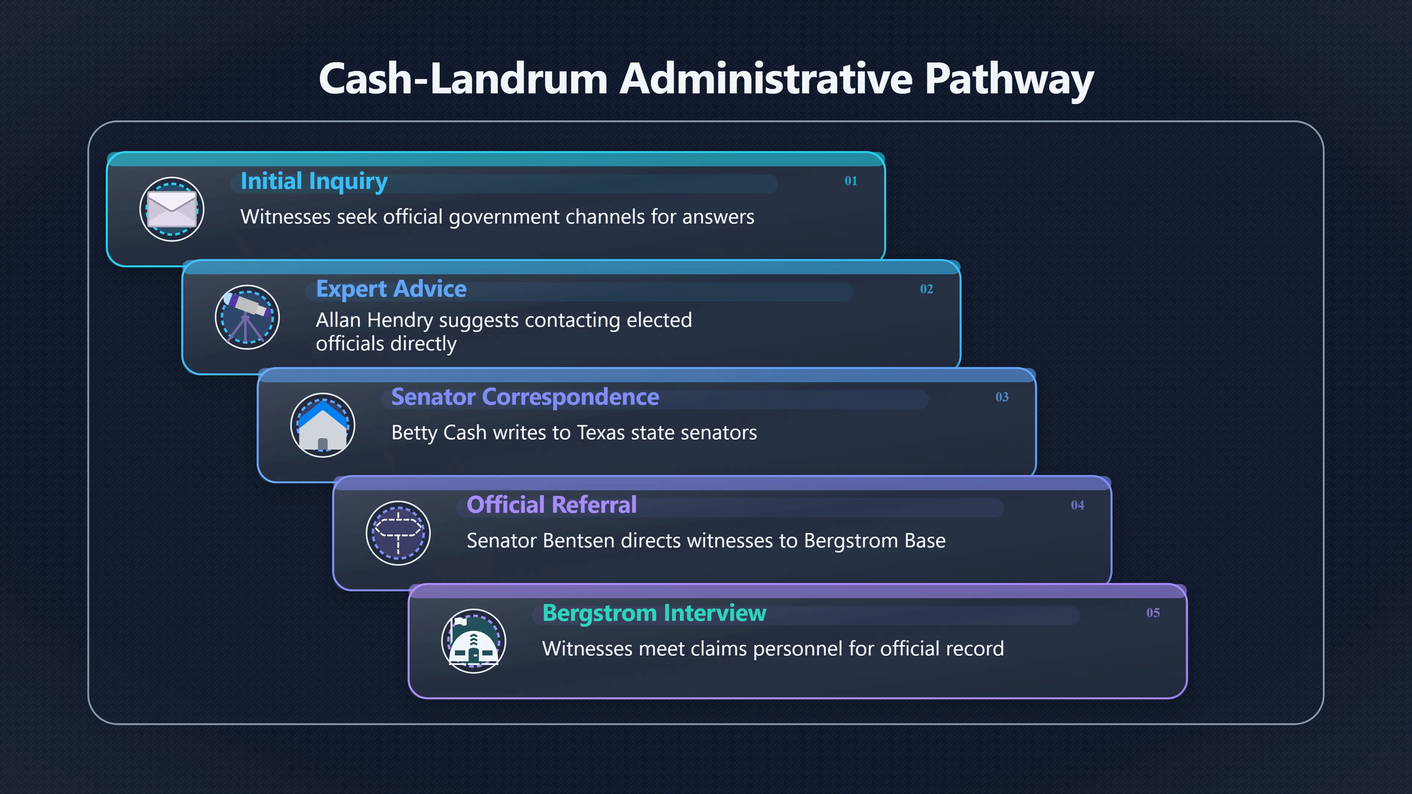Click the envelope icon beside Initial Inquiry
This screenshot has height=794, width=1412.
(172, 209)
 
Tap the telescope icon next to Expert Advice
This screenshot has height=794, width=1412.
(247, 317)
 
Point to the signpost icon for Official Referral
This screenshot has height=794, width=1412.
(398, 533)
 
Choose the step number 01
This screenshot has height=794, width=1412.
(851, 181)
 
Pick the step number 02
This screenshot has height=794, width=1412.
(926, 289)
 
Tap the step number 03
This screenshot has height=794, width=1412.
(1002, 397)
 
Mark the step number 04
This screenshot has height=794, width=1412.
(1078, 505)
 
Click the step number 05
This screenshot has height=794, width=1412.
(1153, 613)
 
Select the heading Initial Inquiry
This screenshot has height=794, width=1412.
(314, 181)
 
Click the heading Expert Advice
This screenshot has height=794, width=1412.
(391, 289)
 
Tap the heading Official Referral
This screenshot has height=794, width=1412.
(552, 505)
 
